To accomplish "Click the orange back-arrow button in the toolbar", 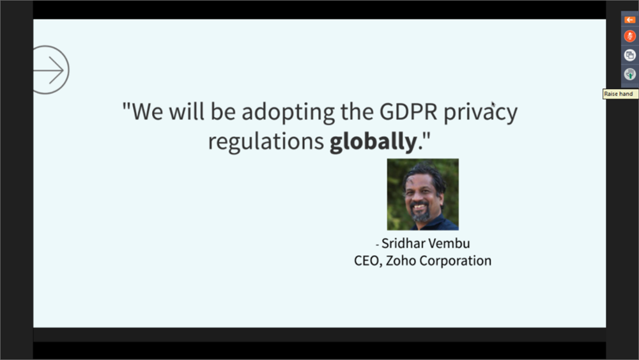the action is pyautogui.click(x=629, y=20).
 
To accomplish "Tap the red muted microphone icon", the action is pyautogui.click(x=629, y=36).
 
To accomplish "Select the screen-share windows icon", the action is pyautogui.click(x=629, y=55).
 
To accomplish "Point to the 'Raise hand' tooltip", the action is pyautogui.click(x=620, y=94).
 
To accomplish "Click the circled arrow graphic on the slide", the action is pyautogui.click(x=68, y=70).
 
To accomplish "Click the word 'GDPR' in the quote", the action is pyautogui.click(x=408, y=111).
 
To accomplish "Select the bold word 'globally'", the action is pyautogui.click(x=373, y=141).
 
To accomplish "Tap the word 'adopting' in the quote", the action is pyautogui.click(x=288, y=112).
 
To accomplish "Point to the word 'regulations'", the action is pyautogui.click(x=266, y=142).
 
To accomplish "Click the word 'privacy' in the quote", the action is pyautogui.click(x=481, y=113).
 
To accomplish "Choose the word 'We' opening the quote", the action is pyautogui.click(x=148, y=111).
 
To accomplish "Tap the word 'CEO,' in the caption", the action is pyautogui.click(x=368, y=261).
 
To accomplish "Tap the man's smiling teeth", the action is pyautogui.click(x=419, y=207).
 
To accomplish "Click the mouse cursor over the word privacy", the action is pyautogui.click(x=493, y=104).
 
